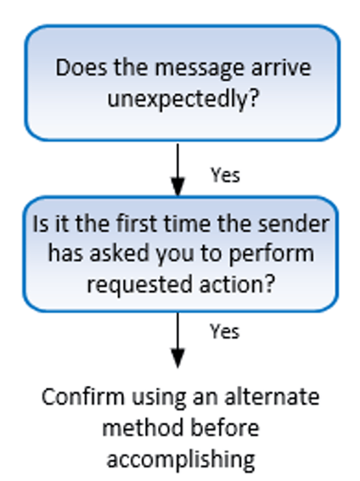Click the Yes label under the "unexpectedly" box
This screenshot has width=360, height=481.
(x=225, y=175)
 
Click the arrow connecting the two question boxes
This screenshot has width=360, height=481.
(x=177, y=168)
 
